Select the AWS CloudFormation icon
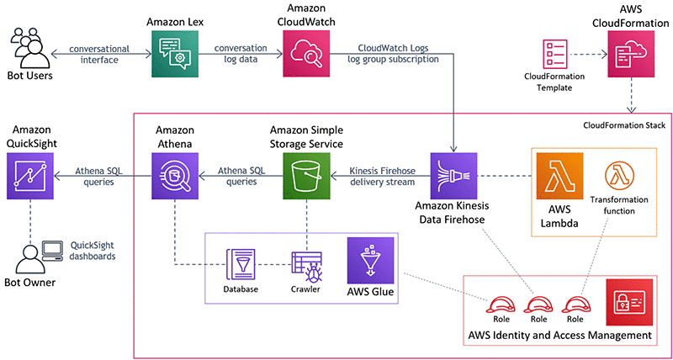630,55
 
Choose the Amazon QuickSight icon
29,175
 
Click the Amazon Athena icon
174,175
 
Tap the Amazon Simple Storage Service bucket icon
307,175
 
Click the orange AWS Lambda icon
560,175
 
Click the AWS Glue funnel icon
370,260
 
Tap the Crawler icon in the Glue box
305,266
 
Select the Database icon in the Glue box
241,266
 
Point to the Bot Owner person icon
29,256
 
